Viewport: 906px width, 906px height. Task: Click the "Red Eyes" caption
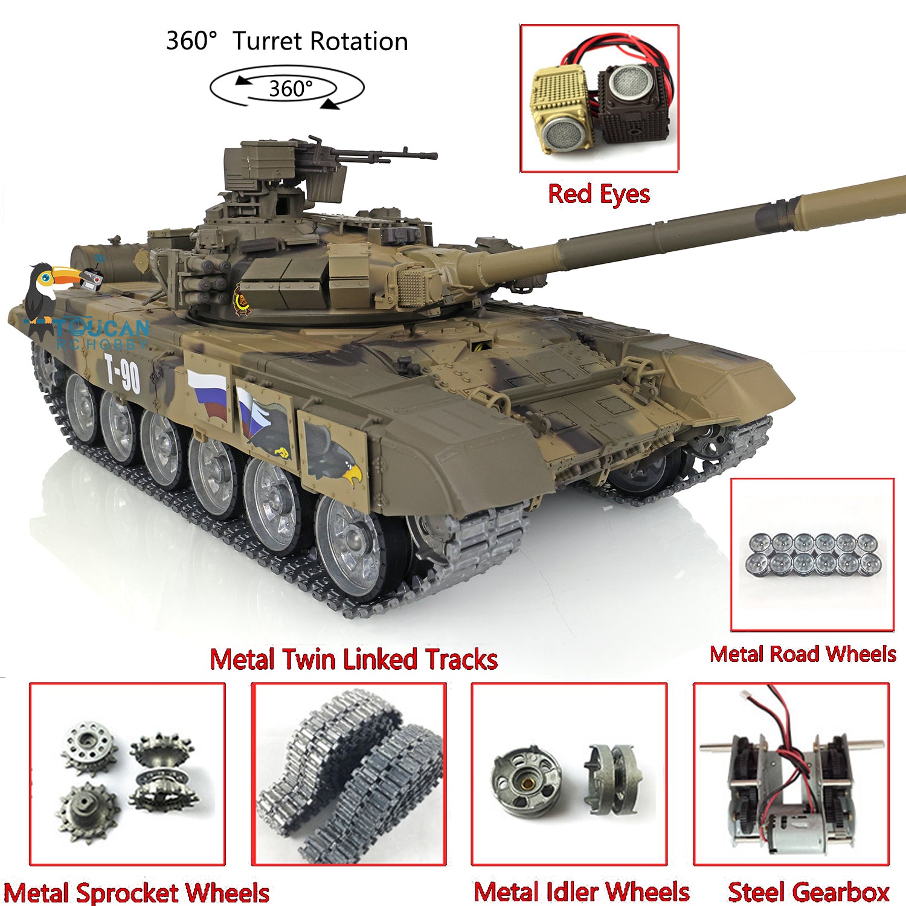click(x=599, y=194)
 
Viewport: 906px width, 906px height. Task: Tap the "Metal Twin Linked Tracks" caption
click(x=353, y=659)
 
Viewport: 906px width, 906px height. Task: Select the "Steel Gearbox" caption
click(x=809, y=892)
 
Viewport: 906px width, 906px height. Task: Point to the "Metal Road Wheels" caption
click(x=803, y=654)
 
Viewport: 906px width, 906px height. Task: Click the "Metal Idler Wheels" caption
click(x=581, y=892)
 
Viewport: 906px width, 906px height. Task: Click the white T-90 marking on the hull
click(x=123, y=373)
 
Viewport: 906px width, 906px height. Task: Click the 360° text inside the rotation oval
click(x=291, y=89)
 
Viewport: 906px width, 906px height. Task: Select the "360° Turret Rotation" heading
click(x=287, y=41)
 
